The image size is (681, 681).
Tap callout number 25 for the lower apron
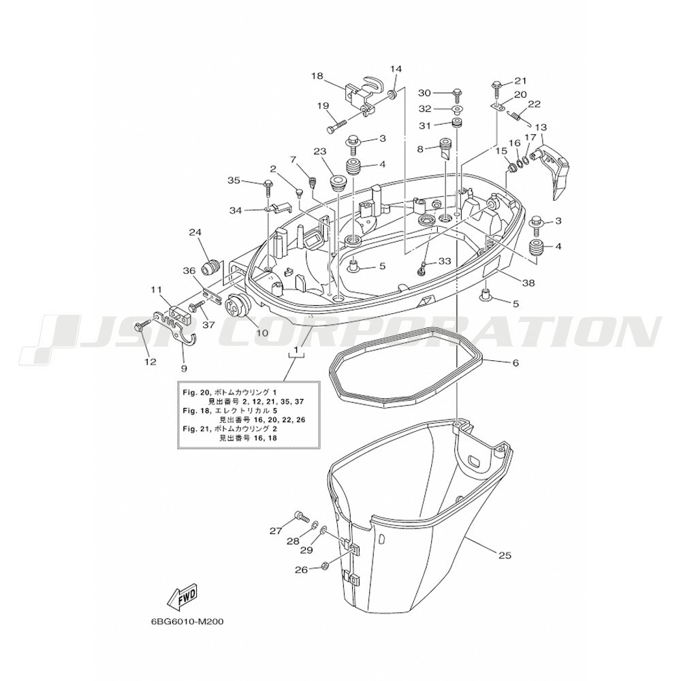click(505, 555)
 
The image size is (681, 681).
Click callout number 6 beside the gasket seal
click(516, 363)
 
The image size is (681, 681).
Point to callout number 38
click(529, 283)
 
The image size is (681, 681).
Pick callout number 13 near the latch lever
click(541, 128)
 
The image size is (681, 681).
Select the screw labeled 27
click(302, 516)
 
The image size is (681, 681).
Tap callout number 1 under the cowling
click(296, 350)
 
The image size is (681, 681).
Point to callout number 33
click(445, 262)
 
